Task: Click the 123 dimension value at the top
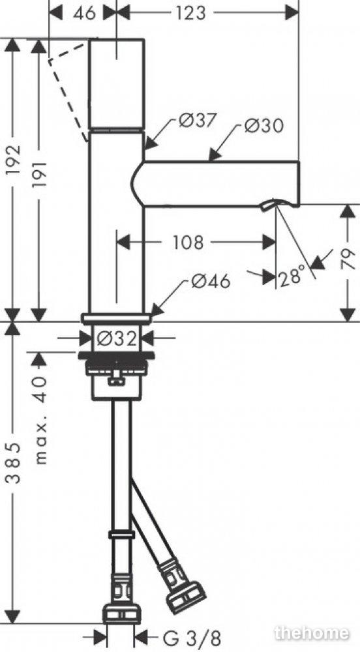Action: [x=190, y=13]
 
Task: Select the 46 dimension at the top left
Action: [x=84, y=13]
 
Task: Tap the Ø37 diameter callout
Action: [x=198, y=121]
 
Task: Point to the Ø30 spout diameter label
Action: [x=263, y=126]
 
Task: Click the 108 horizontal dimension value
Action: [x=188, y=243]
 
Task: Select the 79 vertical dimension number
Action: [x=349, y=259]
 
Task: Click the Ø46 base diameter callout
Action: [x=211, y=282]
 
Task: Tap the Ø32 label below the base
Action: [x=117, y=339]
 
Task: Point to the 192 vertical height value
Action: [x=15, y=160]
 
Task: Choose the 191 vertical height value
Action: [x=40, y=175]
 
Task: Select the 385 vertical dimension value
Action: [x=15, y=463]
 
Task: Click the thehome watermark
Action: [x=311, y=633]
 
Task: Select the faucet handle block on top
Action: [x=117, y=83]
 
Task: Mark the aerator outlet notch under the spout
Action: [x=268, y=205]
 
